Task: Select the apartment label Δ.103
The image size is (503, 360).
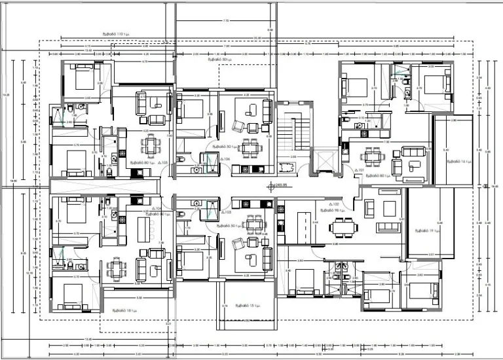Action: pos(227,212)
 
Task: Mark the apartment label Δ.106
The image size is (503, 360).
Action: pos(226,159)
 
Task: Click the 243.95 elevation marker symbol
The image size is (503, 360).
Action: pos(270,185)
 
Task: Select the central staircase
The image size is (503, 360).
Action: pos(291,134)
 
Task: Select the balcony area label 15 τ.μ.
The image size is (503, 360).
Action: pos(245,306)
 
